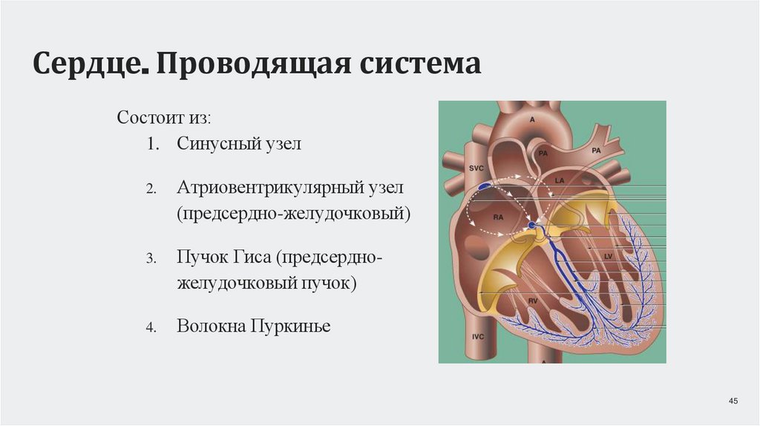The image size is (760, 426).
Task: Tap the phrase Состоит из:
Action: point(164,119)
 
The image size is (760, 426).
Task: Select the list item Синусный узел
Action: point(239,143)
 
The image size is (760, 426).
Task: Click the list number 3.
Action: point(150,258)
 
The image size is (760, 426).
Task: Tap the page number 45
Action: point(733,402)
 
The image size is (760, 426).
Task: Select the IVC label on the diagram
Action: point(479,336)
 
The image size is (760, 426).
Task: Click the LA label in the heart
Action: point(560,180)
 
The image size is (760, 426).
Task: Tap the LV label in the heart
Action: point(609,256)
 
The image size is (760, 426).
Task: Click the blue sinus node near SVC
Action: point(484,186)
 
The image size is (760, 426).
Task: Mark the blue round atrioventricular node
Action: point(531,225)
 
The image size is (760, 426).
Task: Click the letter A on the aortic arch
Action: point(532,119)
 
